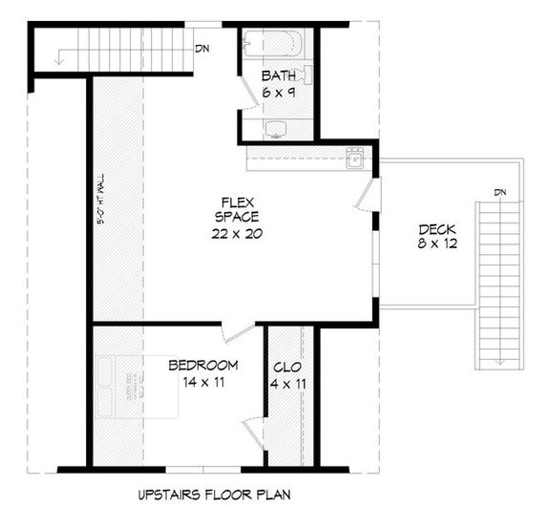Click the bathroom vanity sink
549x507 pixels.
pyautogui.click(x=276, y=128)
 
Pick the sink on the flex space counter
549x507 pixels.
pyautogui.click(x=354, y=158)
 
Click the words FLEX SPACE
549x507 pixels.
pyautogui.click(x=236, y=209)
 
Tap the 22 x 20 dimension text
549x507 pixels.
pyautogui.click(x=236, y=233)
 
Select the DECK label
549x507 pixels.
pyautogui.click(x=436, y=229)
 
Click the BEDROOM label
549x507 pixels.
pyautogui.click(x=202, y=366)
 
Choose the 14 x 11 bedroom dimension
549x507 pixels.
pyautogui.click(x=202, y=383)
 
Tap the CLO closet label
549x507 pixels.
pyautogui.click(x=287, y=367)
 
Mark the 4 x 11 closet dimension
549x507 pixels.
pyautogui.click(x=287, y=384)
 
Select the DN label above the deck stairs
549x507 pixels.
pyautogui.click(x=501, y=192)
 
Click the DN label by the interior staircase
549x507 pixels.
pyautogui.click(x=201, y=48)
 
